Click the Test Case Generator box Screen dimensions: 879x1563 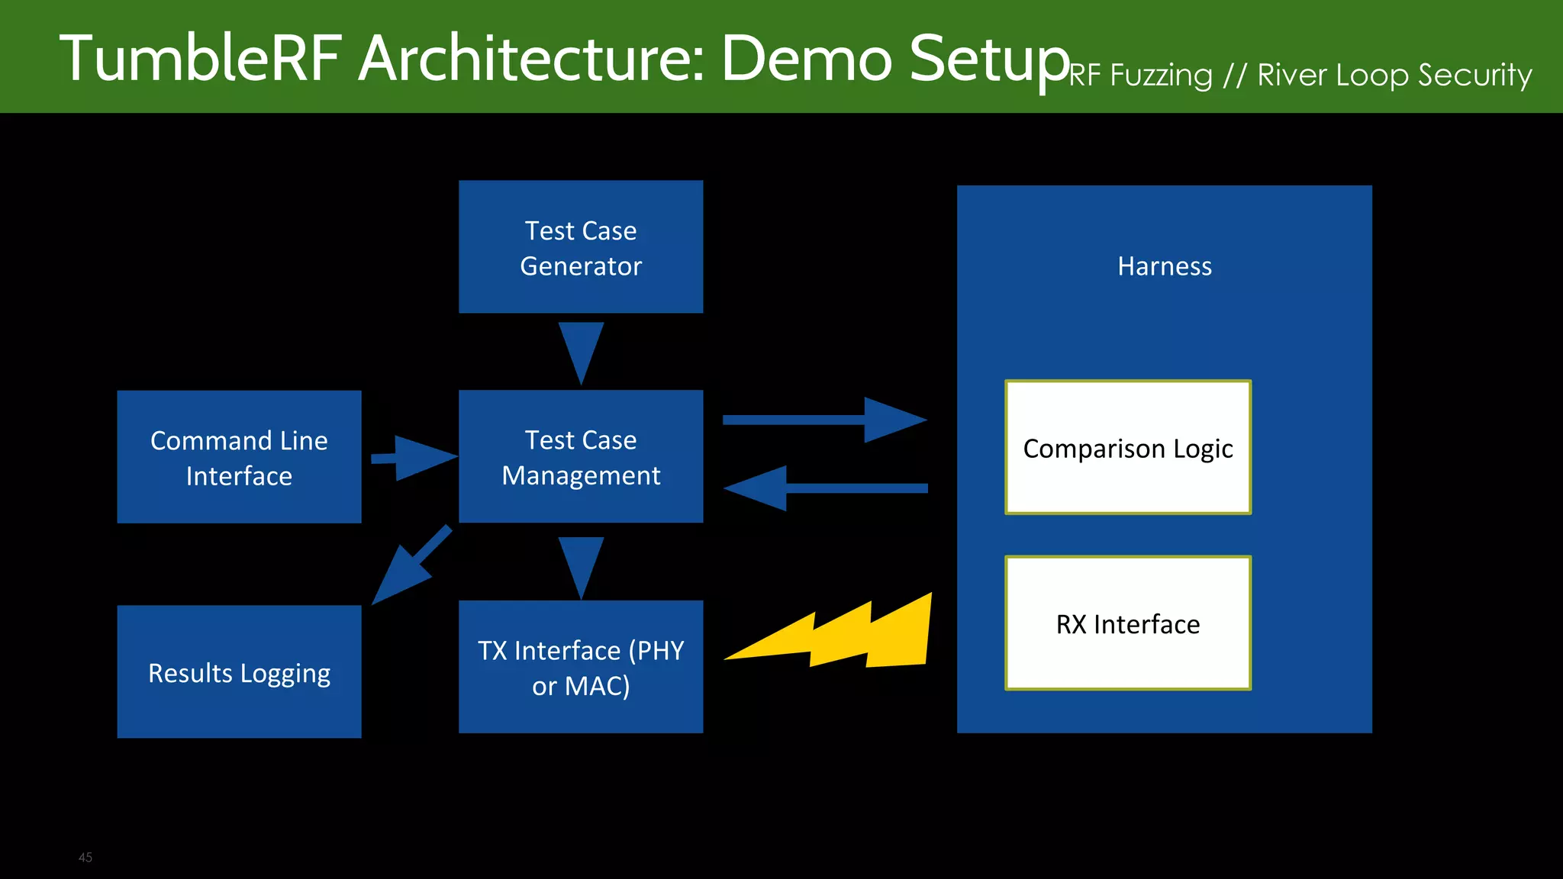pos(581,247)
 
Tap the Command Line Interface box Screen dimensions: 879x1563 pos(239,457)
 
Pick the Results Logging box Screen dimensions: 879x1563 pos(239,671)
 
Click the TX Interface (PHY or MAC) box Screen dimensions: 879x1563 pos(581,667)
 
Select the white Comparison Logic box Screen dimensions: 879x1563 pos(1128,448)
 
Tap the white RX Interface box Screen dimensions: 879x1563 pos(1128,623)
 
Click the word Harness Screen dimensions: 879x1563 pos(1165,266)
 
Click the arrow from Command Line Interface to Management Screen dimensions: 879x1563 pos(416,458)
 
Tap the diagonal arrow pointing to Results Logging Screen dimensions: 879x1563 pos(408,568)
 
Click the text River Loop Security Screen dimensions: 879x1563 pos(1394,75)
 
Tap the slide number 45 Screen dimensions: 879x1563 pos(85,858)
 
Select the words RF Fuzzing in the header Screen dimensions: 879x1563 pos(1140,76)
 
